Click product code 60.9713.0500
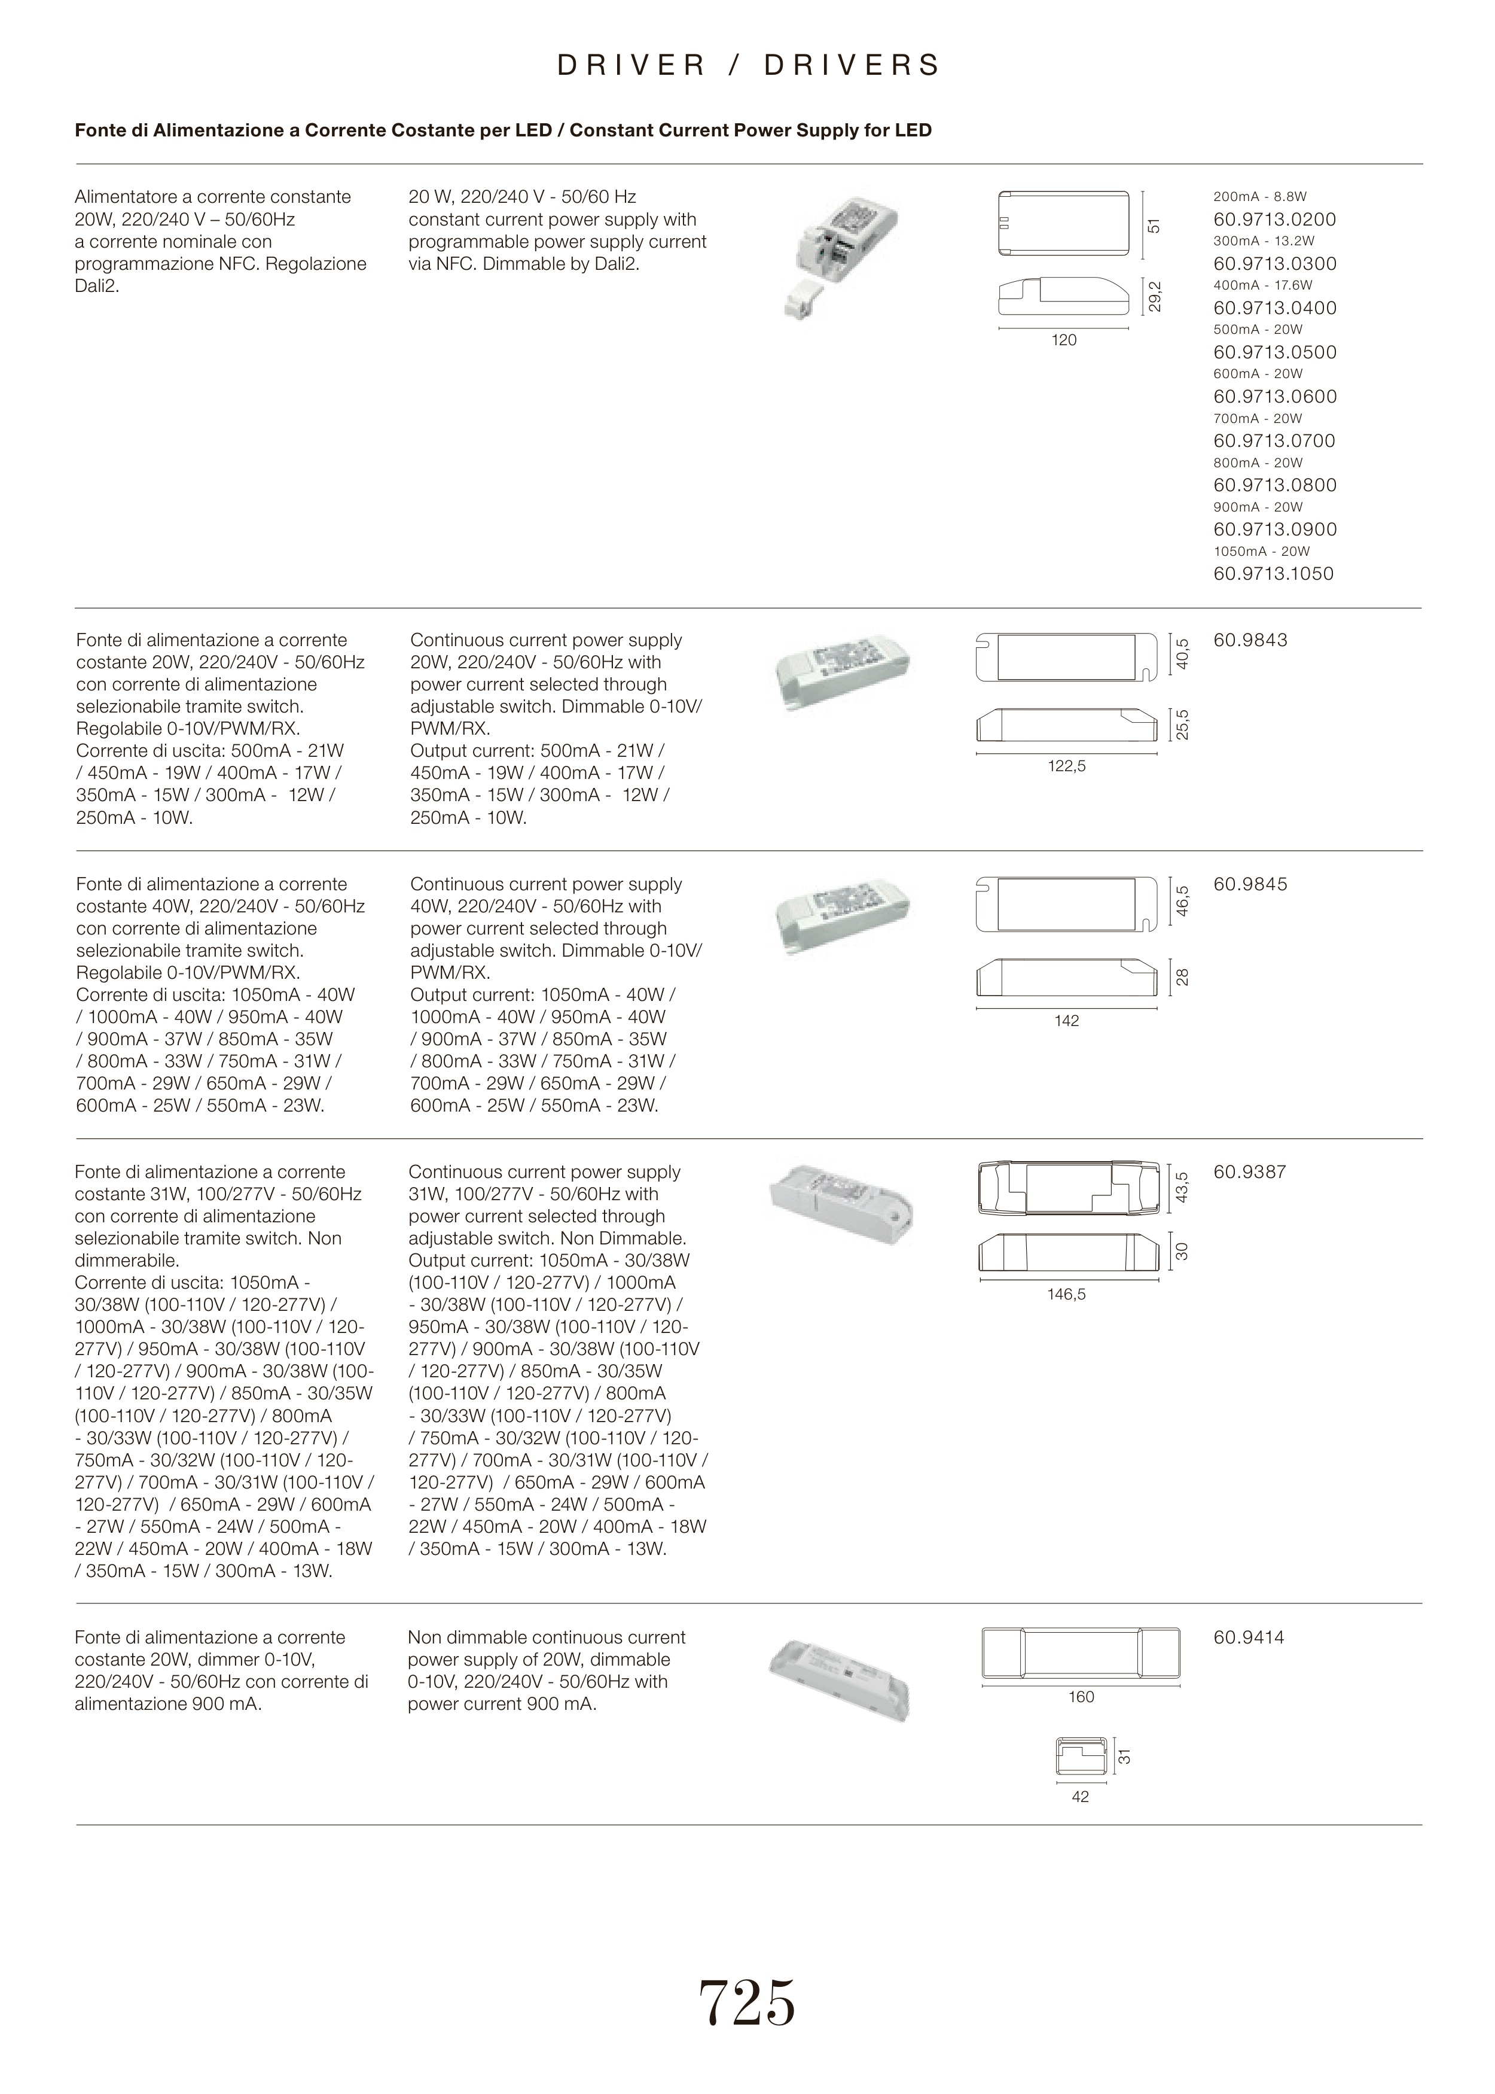pos(1274,352)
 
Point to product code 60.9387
pos(1249,1172)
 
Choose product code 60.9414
pos(1248,1638)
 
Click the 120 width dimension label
pos(1063,340)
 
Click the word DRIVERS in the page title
pos(852,65)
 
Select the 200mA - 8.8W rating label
pos(1259,197)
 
